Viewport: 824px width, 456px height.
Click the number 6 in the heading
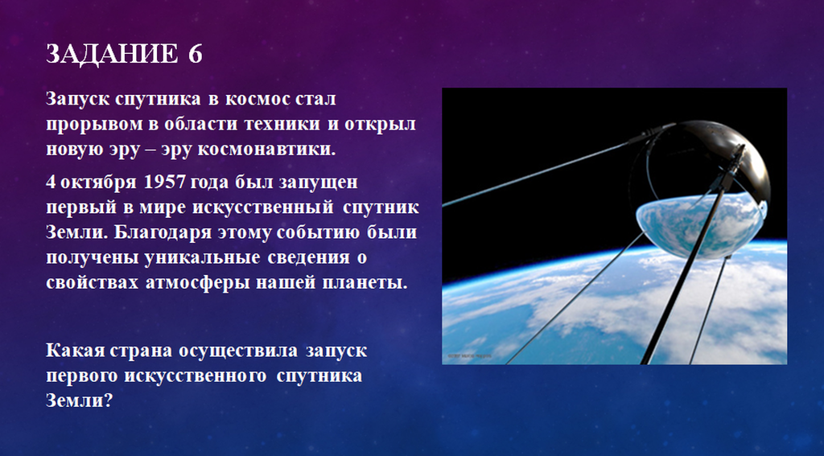click(195, 54)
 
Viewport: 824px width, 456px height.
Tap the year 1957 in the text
click(164, 182)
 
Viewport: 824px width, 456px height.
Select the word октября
click(99, 182)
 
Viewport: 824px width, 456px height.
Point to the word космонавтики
click(266, 150)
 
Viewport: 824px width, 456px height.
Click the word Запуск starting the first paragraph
click(78, 99)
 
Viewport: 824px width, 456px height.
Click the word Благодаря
click(155, 232)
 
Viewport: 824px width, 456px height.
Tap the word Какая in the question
click(75, 350)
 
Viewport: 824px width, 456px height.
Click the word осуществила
click(238, 351)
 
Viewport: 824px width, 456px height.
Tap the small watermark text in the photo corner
click(469, 355)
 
